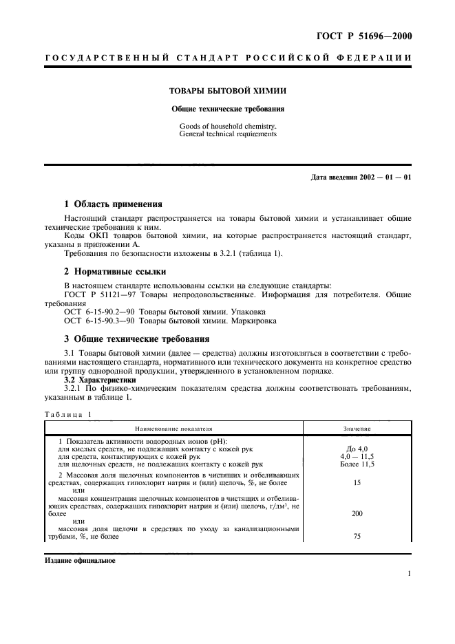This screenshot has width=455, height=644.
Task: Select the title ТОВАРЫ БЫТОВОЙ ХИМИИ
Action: [x=228, y=91]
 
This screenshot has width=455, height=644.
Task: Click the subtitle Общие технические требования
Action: [x=228, y=109]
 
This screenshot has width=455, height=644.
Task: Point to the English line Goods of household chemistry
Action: [x=227, y=127]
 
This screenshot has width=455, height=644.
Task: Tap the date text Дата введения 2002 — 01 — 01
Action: [x=361, y=178]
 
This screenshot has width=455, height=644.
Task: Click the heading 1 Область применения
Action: [x=113, y=204]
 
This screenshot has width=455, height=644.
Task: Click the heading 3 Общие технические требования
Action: [x=136, y=339]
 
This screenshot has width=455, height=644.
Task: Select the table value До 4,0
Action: [x=357, y=449]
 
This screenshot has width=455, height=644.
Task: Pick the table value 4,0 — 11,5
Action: [x=357, y=457]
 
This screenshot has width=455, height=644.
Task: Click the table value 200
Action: [x=357, y=513]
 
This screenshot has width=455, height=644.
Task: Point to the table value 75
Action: [x=357, y=537]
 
